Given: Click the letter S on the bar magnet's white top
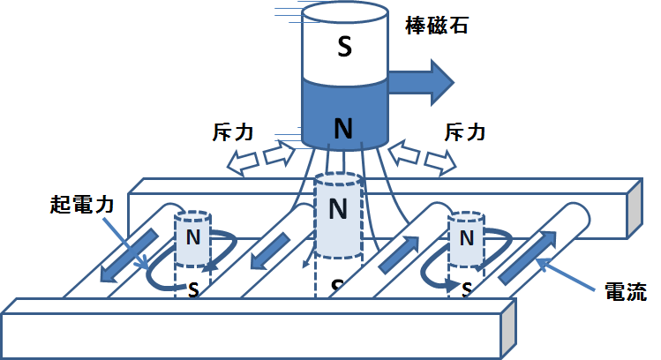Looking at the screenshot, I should (343, 47).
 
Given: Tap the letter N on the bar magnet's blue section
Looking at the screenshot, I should (343, 129).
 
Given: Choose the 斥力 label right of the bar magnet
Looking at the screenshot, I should (462, 132).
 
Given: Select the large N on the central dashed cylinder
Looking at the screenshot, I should (337, 209).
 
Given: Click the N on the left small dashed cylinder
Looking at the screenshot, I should (192, 236).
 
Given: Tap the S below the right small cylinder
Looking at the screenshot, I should (467, 289).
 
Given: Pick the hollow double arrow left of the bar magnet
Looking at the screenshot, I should (261, 159).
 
